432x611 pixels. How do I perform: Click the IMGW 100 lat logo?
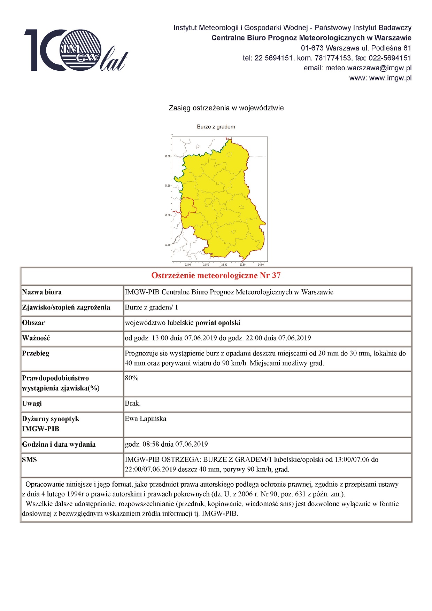[76, 50]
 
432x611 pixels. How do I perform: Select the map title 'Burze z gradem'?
[216, 127]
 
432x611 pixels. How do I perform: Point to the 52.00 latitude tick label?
[168, 156]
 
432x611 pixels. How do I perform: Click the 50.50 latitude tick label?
[168, 245]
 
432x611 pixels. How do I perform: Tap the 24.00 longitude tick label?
[261, 265]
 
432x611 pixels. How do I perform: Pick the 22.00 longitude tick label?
[188, 265]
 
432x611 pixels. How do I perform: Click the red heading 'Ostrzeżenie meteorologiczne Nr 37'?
[216, 276]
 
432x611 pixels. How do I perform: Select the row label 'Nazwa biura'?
[42, 292]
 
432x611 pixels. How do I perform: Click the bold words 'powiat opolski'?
[218, 323]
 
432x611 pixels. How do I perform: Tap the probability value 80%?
[132, 378]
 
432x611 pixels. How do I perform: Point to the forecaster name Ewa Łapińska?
[146, 419]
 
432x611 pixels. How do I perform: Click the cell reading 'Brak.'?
[133, 404]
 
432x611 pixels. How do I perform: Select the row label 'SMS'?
[30, 460]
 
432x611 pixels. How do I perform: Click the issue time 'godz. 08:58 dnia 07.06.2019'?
[167, 444]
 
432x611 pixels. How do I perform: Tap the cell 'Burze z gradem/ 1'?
[152, 307]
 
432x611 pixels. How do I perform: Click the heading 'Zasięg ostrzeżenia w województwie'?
[226, 108]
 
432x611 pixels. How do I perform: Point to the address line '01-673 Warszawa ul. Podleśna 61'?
[356, 48]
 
